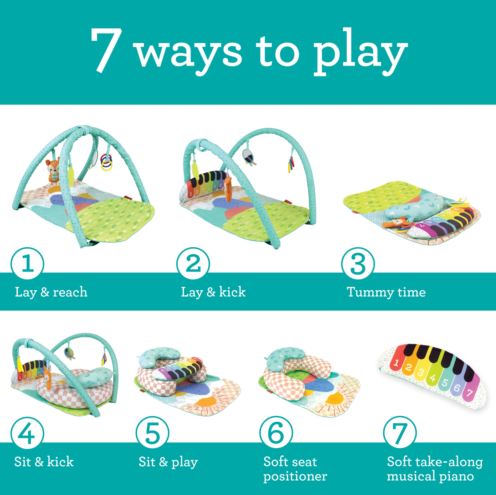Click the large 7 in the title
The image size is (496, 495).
(x=107, y=50)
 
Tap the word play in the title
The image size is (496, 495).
(x=361, y=52)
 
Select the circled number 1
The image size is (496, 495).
(x=27, y=263)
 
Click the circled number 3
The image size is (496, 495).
(x=358, y=263)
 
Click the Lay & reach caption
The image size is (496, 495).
(x=51, y=292)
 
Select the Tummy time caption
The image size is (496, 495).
(x=386, y=292)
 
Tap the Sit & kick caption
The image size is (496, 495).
(x=44, y=462)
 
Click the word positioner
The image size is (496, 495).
(x=295, y=477)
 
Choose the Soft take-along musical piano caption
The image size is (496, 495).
(x=435, y=469)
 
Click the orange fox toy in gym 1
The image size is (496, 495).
(x=53, y=170)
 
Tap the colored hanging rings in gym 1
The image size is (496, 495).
(x=106, y=162)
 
